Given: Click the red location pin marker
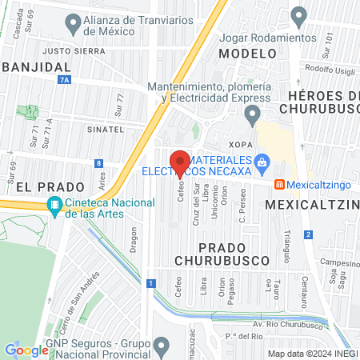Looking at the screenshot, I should coord(180,162).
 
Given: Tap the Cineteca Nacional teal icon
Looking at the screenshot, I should coord(54,205).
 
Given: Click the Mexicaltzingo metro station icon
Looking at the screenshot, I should coord(278,183).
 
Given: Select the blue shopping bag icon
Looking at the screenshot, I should coord(261,163).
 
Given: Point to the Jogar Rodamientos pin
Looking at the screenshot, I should coord(298,15).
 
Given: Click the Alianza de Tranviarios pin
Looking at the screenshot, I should coord(74,26).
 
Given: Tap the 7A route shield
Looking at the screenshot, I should coord(64,80).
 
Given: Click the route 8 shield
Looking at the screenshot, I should coord(98,163).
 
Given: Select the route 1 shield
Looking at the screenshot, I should coord(150,282).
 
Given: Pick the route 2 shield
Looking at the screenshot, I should coord(308,234).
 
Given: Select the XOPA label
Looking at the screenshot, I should coord(244,144).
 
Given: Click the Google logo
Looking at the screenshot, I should coord(26,350).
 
